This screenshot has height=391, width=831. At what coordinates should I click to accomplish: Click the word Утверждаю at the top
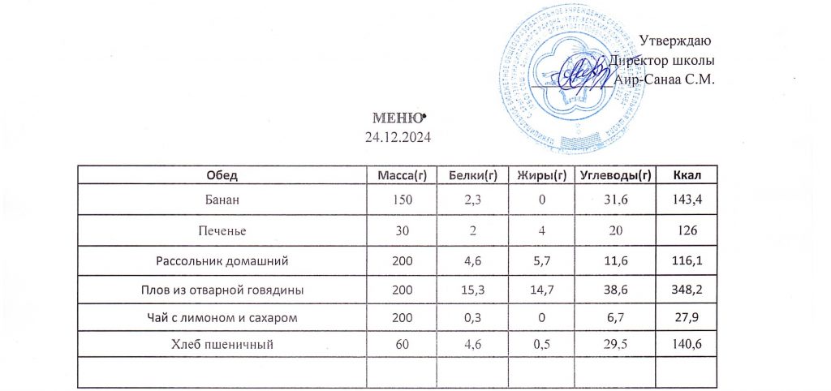click(675, 41)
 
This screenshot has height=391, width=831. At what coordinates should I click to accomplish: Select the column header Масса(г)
click(402, 174)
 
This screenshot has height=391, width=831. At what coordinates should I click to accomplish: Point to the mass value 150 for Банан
click(402, 198)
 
